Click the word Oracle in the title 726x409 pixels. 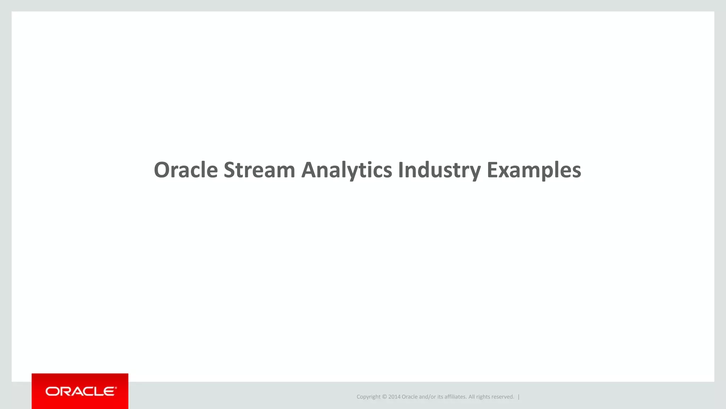point(186,170)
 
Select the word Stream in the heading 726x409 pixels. point(259,170)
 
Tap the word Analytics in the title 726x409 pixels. point(346,170)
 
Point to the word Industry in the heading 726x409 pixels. point(439,170)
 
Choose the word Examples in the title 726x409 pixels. point(534,170)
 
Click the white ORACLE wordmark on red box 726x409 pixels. point(81,392)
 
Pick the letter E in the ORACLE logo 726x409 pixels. point(110,392)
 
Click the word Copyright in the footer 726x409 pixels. point(368,397)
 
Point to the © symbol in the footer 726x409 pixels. point(384,397)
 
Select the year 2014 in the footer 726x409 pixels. point(394,397)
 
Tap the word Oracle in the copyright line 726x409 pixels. point(409,397)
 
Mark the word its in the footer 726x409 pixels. point(440,397)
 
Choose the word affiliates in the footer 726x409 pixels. point(456,397)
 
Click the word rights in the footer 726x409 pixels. point(483,397)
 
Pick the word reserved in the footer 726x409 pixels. point(503,397)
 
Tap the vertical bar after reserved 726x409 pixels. point(519,397)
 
